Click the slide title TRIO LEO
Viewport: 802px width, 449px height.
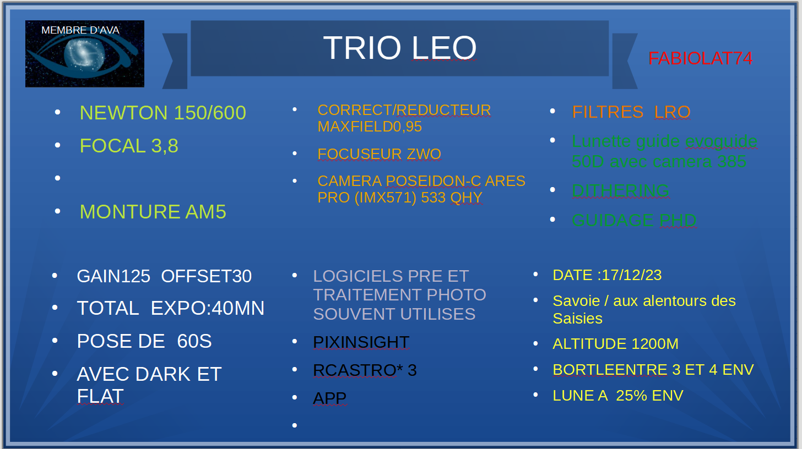point(399,47)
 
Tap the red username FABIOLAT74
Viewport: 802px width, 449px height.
point(700,58)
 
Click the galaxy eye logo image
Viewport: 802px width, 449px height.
point(85,54)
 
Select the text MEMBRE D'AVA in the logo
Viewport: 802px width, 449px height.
point(80,30)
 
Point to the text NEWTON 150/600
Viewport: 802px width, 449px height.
point(163,113)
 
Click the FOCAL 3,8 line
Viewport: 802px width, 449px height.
point(129,146)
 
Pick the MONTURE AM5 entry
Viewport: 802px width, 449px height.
point(153,212)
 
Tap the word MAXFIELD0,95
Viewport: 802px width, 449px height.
point(370,127)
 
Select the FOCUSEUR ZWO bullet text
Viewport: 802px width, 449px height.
point(379,154)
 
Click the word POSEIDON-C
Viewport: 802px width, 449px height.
point(433,181)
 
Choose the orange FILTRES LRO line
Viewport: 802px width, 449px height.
point(631,112)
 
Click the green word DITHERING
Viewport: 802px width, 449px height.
point(620,191)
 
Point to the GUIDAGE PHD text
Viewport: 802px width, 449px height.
point(634,221)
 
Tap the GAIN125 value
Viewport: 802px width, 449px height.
point(113,276)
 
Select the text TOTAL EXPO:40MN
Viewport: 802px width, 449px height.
point(170,308)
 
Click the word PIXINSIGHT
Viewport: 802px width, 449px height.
point(361,342)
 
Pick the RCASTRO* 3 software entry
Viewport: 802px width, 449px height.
point(365,370)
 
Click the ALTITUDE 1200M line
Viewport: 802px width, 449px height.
point(615,344)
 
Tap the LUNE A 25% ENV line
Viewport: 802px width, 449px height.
point(618,396)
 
